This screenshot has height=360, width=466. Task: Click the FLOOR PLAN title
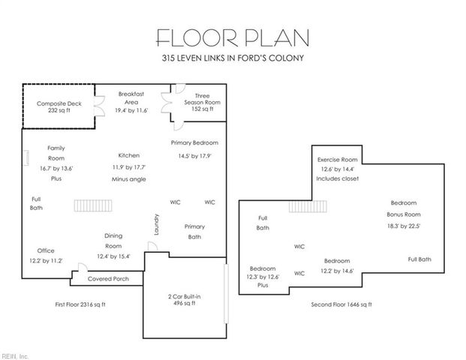232,37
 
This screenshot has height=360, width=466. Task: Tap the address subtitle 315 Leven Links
232,58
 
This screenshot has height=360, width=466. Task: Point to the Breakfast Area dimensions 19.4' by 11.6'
131,110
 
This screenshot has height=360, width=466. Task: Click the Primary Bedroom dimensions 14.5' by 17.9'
194,156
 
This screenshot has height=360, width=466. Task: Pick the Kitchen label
129,155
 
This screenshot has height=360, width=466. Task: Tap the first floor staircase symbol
94,205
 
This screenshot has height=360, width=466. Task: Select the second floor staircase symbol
321,206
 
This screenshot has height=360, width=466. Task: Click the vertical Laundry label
157,226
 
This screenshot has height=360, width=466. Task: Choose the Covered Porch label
108,278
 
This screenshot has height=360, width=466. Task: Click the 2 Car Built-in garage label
183,300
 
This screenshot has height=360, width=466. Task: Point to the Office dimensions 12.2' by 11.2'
45,261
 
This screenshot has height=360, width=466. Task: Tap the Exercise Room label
337,159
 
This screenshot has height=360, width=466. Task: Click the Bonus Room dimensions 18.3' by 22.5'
403,226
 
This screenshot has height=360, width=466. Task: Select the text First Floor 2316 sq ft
80,304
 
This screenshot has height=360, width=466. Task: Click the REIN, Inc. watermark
15,355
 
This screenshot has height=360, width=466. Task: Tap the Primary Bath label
194,231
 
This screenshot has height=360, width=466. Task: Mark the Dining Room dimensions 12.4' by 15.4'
113,256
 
